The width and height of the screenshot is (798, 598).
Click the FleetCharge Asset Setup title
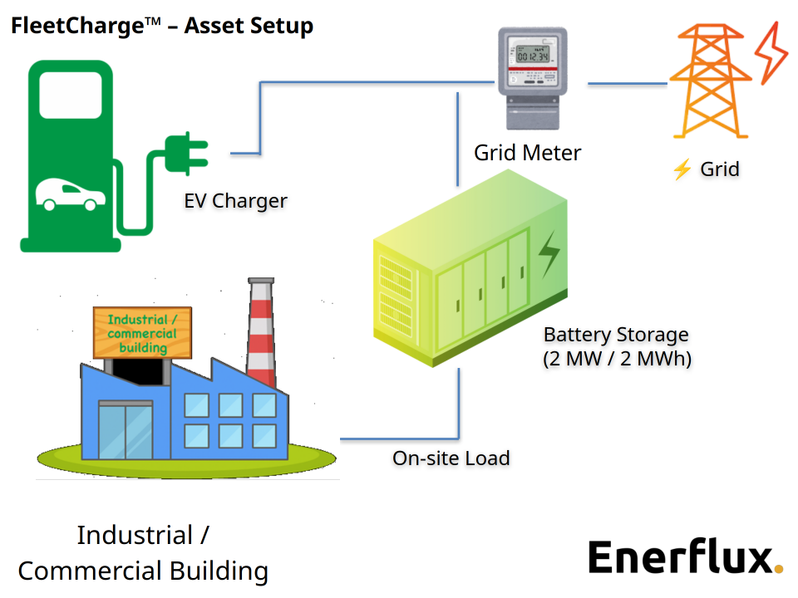point(162,26)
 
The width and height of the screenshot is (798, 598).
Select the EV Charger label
point(235,200)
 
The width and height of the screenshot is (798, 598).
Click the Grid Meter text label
point(527,153)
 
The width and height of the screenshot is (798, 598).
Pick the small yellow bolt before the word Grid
point(682,170)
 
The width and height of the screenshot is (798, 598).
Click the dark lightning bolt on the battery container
point(549,254)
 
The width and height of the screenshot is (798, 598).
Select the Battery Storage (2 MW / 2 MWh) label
point(616,346)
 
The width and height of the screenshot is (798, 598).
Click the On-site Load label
point(451,458)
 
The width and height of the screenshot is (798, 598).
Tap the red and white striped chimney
point(261,332)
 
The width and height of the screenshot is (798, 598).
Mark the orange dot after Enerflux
point(778,569)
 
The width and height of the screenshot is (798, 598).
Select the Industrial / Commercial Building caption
point(143,552)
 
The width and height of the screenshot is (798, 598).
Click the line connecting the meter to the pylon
point(628,84)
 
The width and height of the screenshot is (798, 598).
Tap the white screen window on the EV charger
point(71,98)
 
